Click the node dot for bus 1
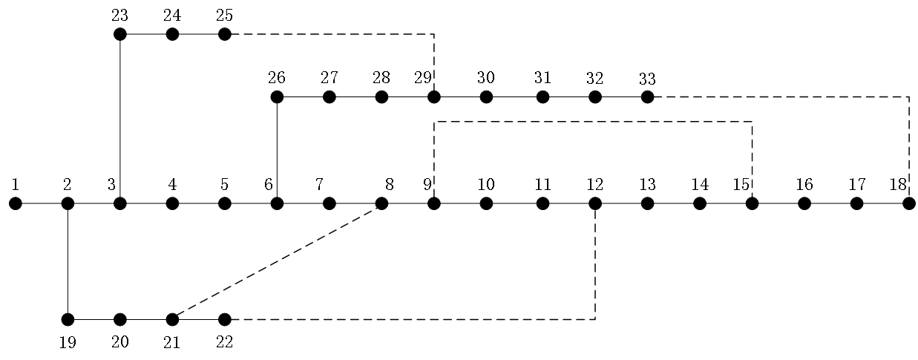(x=16, y=203)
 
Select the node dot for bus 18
(x=908, y=203)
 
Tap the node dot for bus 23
(x=120, y=34)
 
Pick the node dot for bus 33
(x=647, y=96)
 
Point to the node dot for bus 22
(x=225, y=319)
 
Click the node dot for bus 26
(x=277, y=96)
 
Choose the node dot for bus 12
(x=595, y=203)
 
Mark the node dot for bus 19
(x=68, y=319)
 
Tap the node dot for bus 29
(x=434, y=96)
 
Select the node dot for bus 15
(x=752, y=203)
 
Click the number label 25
(x=224, y=15)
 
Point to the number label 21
(x=171, y=342)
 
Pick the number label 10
(x=485, y=184)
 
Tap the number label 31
(x=542, y=77)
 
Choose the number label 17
(x=856, y=184)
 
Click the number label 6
(x=268, y=184)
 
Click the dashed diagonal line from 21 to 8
(x=277, y=261)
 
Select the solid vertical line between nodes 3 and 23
(x=120, y=119)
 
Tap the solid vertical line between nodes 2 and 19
(x=68, y=261)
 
